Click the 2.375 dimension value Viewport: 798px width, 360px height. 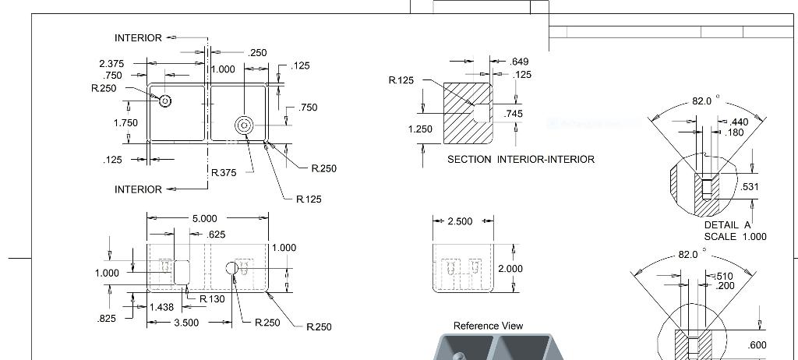coord(112,63)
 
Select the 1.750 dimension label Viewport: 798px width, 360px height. coord(125,123)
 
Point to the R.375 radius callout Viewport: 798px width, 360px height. coord(224,173)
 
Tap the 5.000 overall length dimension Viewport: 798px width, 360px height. coord(204,218)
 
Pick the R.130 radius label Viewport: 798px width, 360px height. coord(212,299)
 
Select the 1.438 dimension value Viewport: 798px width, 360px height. coord(161,308)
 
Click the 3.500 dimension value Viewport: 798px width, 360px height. coord(185,322)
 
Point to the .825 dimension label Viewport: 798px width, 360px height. coord(108,319)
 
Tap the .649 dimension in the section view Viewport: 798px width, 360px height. coord(519,62)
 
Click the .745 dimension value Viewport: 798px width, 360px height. coord(513,114)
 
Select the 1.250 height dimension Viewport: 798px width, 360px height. coord(420,129)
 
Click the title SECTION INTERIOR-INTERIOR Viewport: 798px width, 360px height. coord(521,159)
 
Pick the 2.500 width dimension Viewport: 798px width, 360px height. coord(460,221)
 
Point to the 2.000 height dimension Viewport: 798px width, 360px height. coord(510,268)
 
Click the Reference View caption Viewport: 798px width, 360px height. coord(488,326)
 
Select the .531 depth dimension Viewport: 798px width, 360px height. coord(750,187)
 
